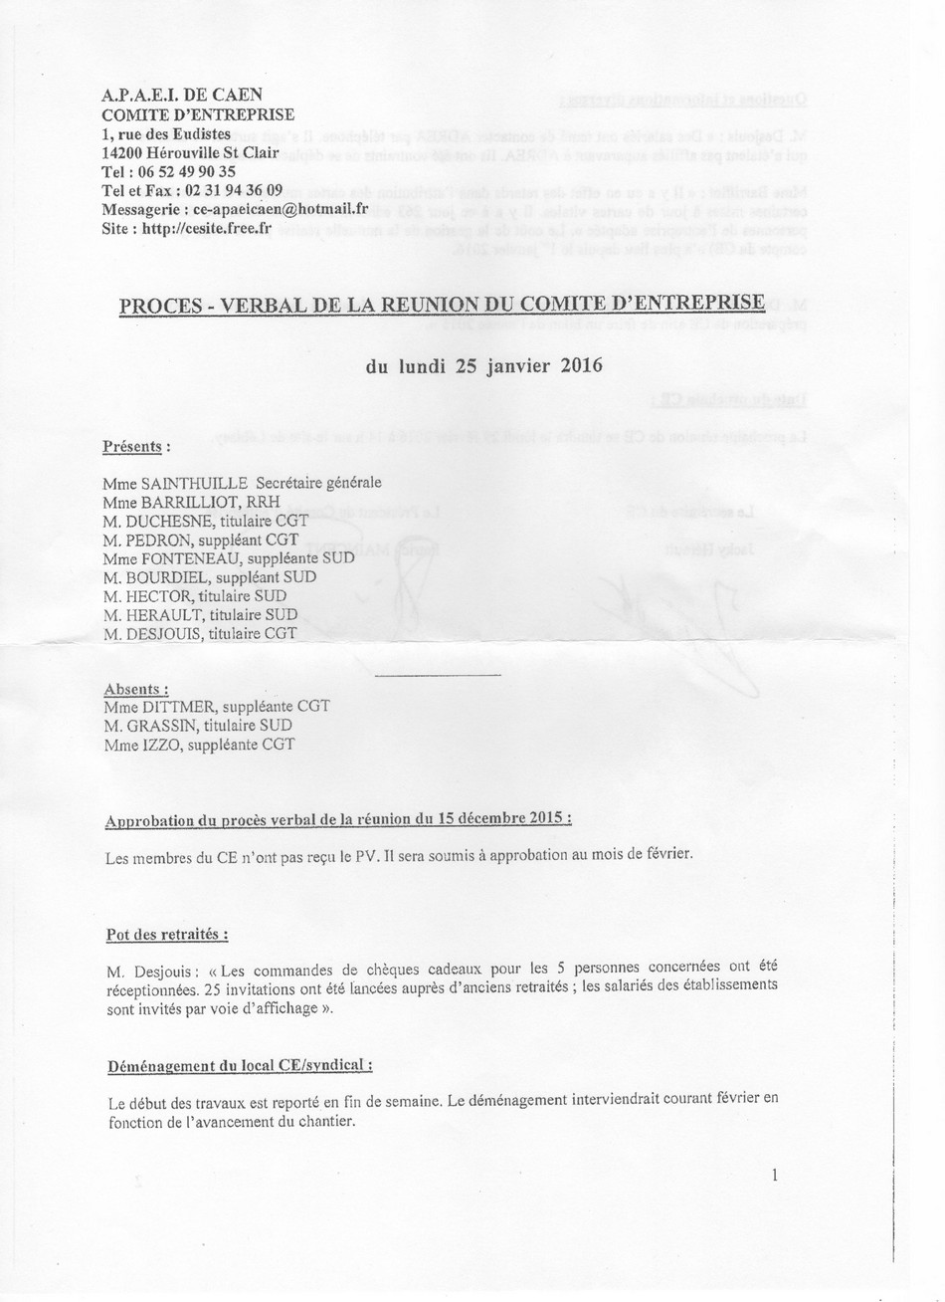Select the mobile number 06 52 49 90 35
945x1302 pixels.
pos(183,171)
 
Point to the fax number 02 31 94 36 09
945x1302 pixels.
pos(233,190)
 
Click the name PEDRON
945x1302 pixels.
pos(162,540)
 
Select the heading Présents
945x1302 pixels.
pos(135,446)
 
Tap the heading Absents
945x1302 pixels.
pos(135,689)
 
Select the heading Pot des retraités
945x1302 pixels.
pos(167,935)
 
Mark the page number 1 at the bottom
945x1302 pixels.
pos(775,1176)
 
